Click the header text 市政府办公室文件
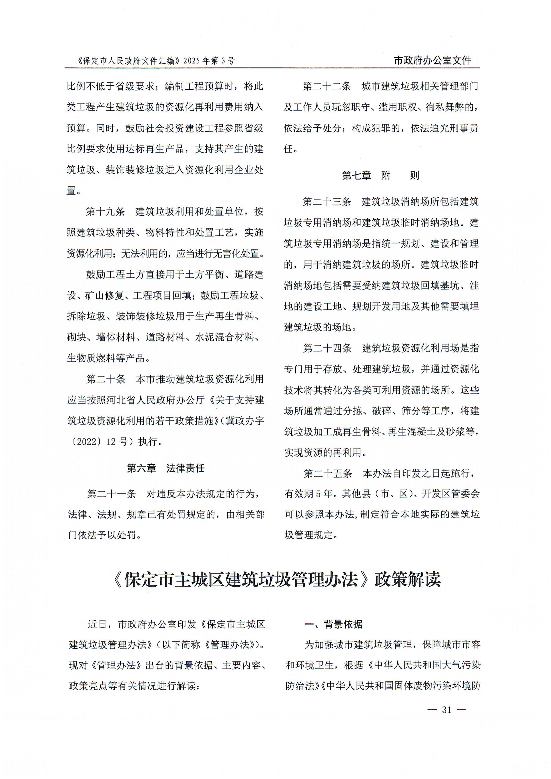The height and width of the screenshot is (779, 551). point(432,60)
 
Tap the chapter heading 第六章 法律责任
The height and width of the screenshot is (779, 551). point(166,469)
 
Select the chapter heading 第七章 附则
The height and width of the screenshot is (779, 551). point(380,175)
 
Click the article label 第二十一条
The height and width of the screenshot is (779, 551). point(111,494)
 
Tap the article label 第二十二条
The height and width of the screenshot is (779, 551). point(327,87)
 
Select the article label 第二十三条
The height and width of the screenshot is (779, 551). point(327,202)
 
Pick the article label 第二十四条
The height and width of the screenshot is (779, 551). point(327,348)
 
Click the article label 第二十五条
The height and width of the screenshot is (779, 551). point(327,474)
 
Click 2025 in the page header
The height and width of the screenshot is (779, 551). point(192,61)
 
